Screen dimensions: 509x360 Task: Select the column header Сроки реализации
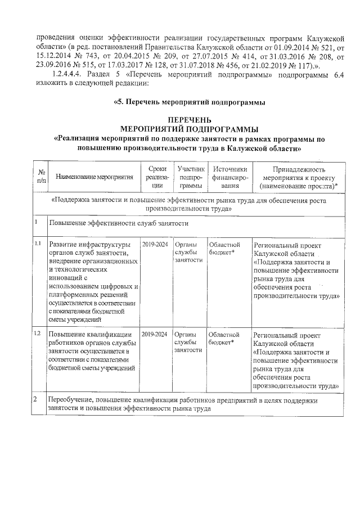[154, 177]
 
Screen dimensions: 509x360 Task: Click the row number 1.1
[38, 244]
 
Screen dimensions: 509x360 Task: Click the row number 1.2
[38, 334]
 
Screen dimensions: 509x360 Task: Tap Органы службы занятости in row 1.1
[188, 253]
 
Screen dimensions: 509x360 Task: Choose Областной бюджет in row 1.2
[224, 338]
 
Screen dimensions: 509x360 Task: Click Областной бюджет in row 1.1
[224, 249]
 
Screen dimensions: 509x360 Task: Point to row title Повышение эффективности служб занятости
[118, 223]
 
